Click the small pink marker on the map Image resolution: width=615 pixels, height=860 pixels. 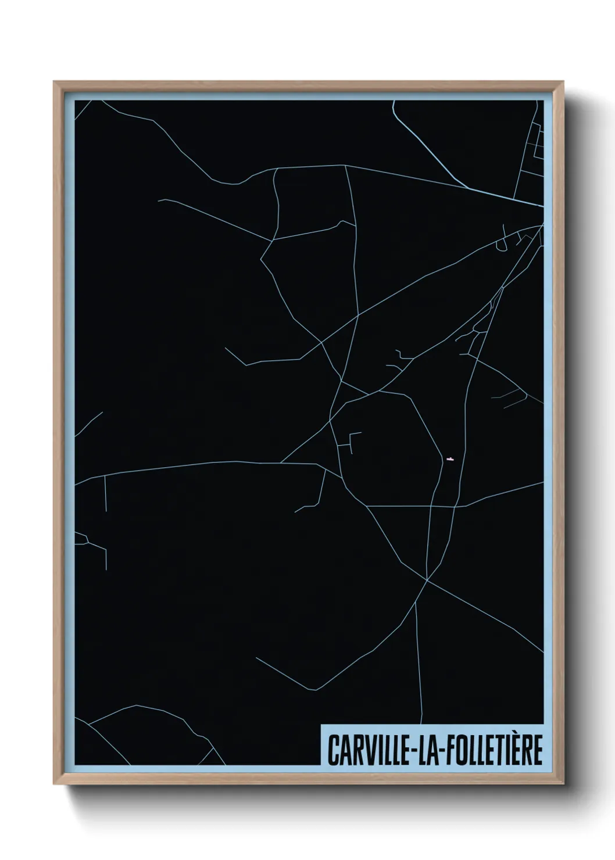449,459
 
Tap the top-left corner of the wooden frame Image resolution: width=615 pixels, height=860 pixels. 55,83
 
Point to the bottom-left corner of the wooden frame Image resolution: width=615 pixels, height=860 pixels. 55,784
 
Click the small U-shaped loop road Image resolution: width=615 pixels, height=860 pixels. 500,248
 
